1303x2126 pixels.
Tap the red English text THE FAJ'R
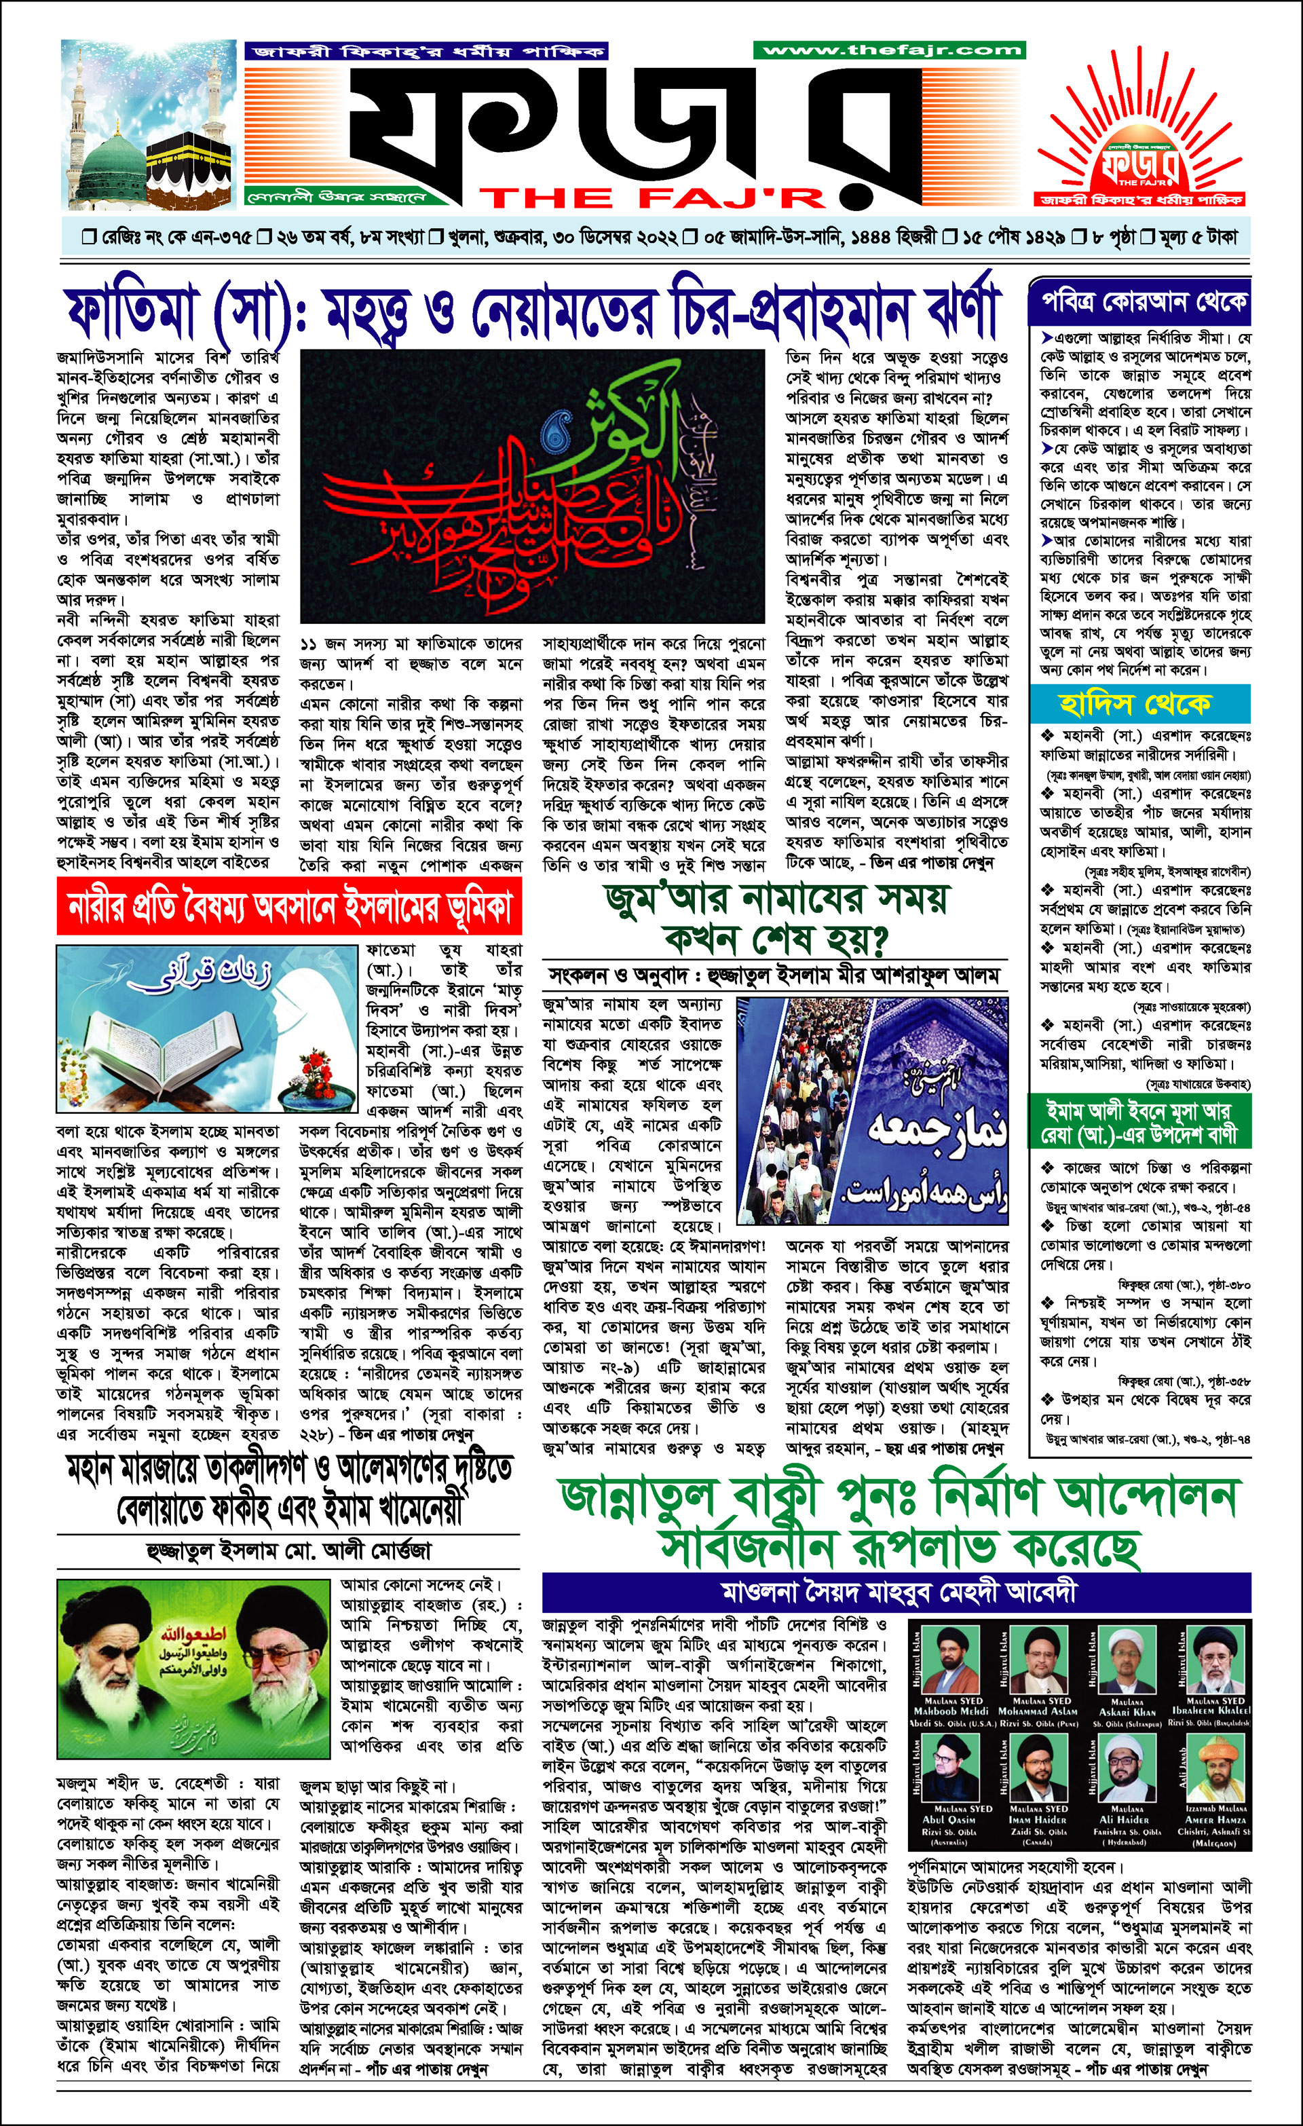pos(651,198)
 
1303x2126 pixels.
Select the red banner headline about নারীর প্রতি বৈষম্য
pos(289,907)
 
